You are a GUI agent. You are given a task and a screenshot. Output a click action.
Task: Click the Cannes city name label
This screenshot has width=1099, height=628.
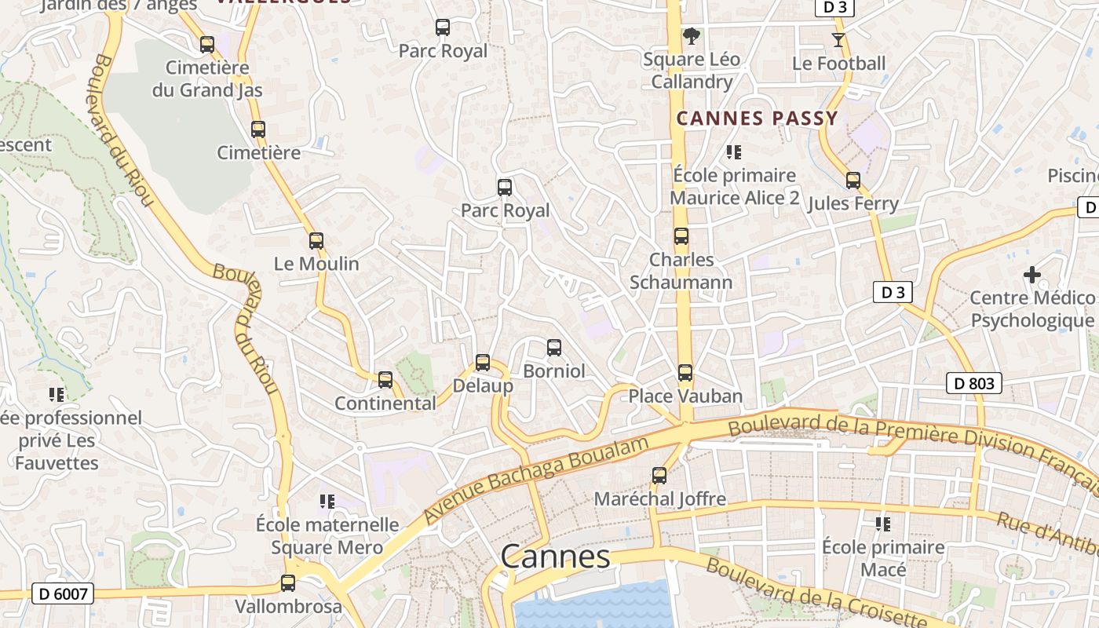pyautogui.click(x=555, y=557)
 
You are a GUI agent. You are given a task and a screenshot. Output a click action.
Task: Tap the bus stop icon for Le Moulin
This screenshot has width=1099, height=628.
pyautogui.click(x=316, y=241)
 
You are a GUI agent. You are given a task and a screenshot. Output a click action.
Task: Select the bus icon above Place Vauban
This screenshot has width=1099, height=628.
pyautogui.click(x=685, y=373)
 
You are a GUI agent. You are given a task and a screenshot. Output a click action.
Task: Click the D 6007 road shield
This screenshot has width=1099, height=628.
pyautogui.click(x=63, y=593)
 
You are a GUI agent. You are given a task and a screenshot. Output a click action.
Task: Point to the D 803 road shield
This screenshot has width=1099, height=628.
pyautogui.click(x=974, y=383)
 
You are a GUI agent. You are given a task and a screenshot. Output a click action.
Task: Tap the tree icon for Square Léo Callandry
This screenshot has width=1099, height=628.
pyautogui.click(x=691, y=35)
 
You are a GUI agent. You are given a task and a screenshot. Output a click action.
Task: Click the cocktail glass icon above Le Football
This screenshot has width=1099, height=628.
pyautogui.click(x=838, y=39)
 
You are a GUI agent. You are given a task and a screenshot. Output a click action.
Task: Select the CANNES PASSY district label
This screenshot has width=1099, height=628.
pyautogui.click(x=758, y=119)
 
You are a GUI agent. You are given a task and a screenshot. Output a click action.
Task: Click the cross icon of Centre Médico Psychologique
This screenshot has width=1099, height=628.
pyautogui.click(x=1032, y=275)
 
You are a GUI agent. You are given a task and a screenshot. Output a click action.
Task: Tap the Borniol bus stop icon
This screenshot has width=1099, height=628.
pyautogui.click(x=554, y=347)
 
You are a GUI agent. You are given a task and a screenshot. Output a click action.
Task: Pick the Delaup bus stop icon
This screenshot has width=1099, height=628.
pyautogui.click(x=483, y=363)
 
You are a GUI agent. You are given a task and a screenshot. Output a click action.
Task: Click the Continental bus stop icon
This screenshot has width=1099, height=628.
pyautogui.click(x=385, y=380)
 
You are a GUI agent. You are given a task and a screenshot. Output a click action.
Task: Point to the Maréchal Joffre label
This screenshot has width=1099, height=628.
pyautogui.click(x=659, y=498)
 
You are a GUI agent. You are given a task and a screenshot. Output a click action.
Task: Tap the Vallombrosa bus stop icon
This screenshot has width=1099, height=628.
pyautogui.click(x=288, y=583)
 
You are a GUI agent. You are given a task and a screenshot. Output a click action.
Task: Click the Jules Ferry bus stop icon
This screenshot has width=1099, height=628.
pyautogui.click(x=853, y=181)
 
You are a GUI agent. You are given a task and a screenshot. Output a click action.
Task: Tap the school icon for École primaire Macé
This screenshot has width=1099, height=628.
pyautogui.click(x=883, y=524)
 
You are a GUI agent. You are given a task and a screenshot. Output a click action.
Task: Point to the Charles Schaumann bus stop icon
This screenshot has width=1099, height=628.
pyautogui.click(x=681, y=236)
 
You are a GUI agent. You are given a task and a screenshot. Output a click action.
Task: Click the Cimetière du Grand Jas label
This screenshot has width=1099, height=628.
pyautogui.click(x=207, y=78)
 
